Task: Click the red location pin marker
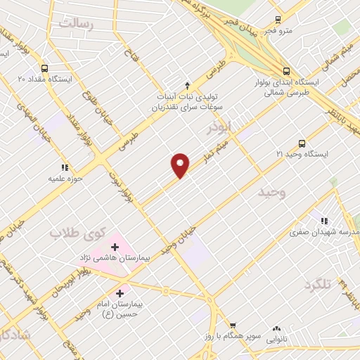click(x=181, y=165)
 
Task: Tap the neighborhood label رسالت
click(x=76, y=23)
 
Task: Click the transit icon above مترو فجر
click(x=278, y=20)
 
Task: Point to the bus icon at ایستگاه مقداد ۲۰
click(x=45, y=69)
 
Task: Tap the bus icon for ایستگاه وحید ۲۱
click(x=302, y=143)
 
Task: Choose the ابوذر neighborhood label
click(x=219, y=127)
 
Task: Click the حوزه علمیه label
click(x=61, y=179)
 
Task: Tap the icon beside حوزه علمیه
click(x=65, y=168)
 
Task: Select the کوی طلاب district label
click(x=77, y=232)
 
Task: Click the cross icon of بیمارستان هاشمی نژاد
click(x=115, y=247)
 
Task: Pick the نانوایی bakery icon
click(x=276, y=328)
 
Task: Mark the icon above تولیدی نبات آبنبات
click(x=187, y=84)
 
